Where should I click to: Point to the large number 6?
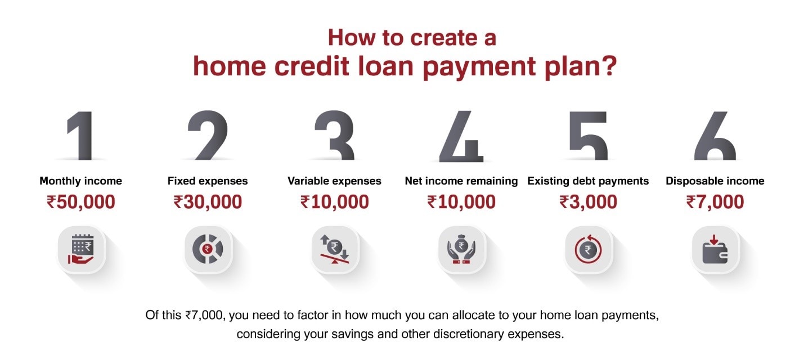point(715,136)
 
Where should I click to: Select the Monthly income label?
point(80,181)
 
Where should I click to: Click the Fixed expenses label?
point(208,181)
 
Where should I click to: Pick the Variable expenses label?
point(334,181)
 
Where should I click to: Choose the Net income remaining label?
point(461,181)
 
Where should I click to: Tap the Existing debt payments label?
point(588,181)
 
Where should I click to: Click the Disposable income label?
point(715,181)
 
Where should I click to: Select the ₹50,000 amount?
point(80,202)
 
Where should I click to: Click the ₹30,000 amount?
point(208,202)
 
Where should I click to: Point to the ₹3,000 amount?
point(588,202)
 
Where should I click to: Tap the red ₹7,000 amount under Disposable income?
point(715,202)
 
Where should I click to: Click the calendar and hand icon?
point(81,249)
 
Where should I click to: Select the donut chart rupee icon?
point(208,249)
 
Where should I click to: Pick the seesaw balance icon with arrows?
point(335,249)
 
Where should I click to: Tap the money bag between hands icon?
point(461,249)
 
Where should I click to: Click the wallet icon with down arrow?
point(715,249)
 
